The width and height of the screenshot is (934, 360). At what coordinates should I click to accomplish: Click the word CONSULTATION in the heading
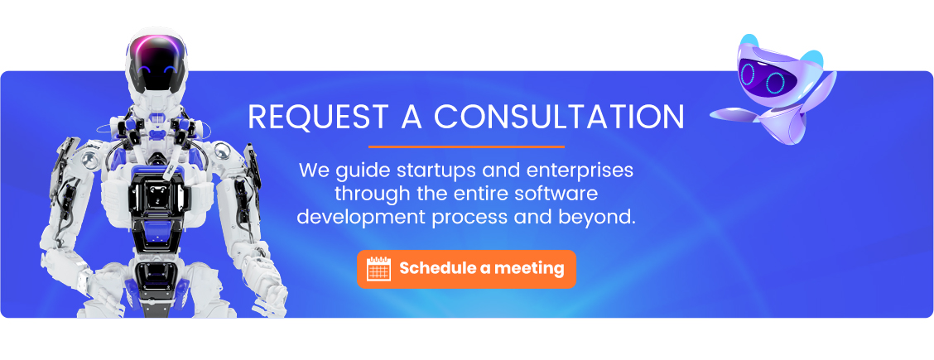[559, 117]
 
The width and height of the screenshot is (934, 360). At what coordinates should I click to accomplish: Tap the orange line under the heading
[466, 146]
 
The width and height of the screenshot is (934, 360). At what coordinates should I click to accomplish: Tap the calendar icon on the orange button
[379, 269]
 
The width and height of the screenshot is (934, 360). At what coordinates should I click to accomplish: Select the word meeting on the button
[529, 269]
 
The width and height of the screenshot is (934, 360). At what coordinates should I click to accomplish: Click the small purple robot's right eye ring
[775, 83]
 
